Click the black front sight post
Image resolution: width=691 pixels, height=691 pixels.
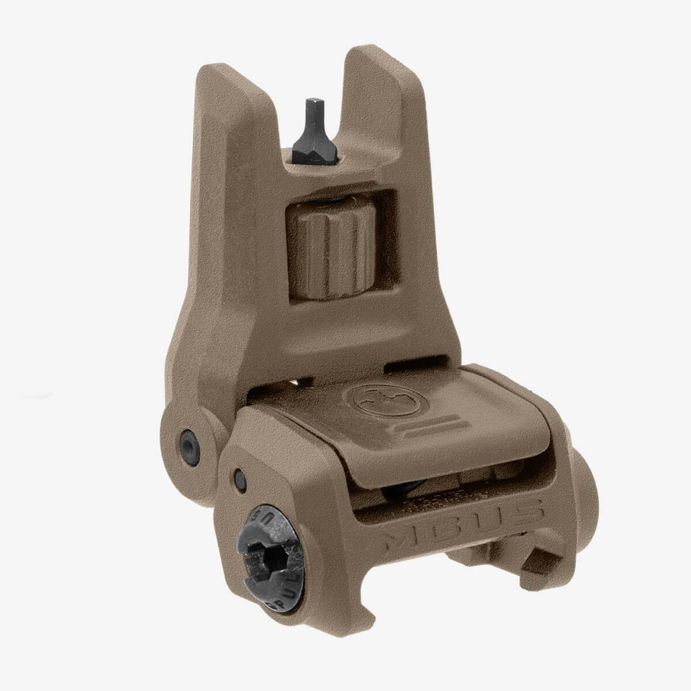click(317, 130)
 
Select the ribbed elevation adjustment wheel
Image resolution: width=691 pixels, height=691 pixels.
click(331, 248)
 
